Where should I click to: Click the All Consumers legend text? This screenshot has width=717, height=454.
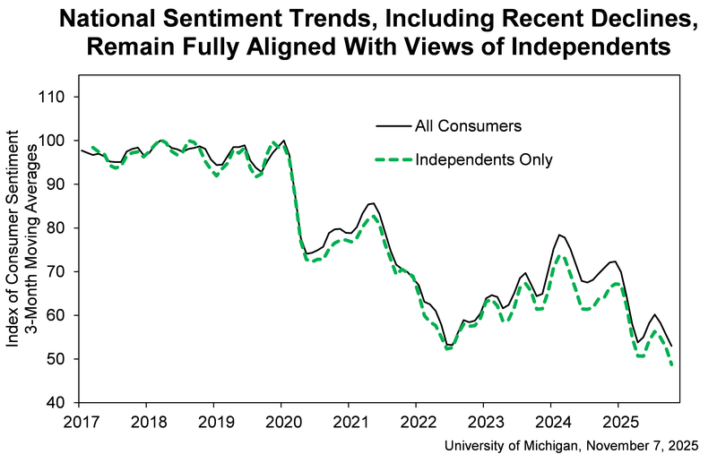click(x=468, y=126)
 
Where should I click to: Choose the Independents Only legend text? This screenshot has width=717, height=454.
click(x=483, y=160)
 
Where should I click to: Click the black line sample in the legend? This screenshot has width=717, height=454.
click(x=392, y=126)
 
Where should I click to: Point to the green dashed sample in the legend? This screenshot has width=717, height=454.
click(x=392, y=160)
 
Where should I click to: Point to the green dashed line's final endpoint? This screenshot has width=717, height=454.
click(x=672, y=364)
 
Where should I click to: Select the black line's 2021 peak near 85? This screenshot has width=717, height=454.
click(x=371, y=203)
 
